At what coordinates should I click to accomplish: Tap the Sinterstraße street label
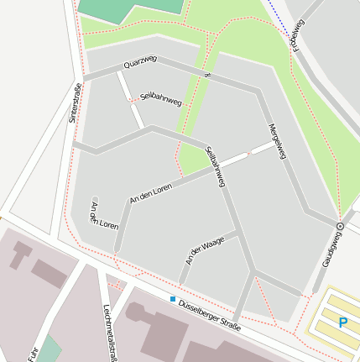[x=75, y=103]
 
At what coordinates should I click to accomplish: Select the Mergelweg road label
[x=278, y=142]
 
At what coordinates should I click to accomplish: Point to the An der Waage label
[x=205, y=250]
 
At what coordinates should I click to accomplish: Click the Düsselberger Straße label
[x=210, y=313]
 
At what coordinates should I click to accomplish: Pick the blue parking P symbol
[x=342, y=322]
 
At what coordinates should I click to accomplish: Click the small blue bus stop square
[x=173, y=299]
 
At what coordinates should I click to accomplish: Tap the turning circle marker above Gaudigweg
[x=340, y=227]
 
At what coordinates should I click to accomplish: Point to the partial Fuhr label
[x=34, y=353]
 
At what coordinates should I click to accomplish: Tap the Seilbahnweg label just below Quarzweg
[x=161, y=99]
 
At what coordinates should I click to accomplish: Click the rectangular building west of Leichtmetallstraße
[x=48, y=273]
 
